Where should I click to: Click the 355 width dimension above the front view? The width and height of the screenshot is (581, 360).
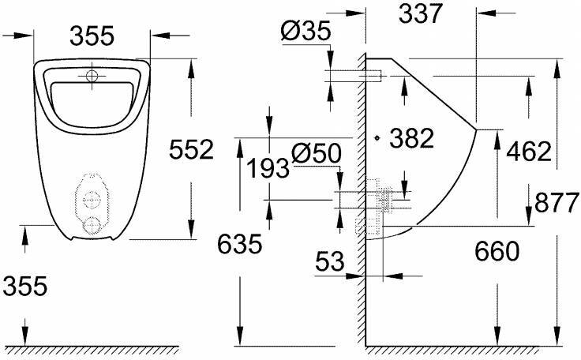pos(92,36)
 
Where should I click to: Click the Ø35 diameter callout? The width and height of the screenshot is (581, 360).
pos(304,32)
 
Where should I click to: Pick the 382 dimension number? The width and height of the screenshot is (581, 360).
pos(412,138)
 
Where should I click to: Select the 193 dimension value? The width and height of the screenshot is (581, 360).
pos(265,168)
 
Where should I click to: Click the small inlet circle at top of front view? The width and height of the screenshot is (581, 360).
pos(93,77)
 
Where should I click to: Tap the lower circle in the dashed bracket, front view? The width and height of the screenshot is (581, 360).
pos(93,224)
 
